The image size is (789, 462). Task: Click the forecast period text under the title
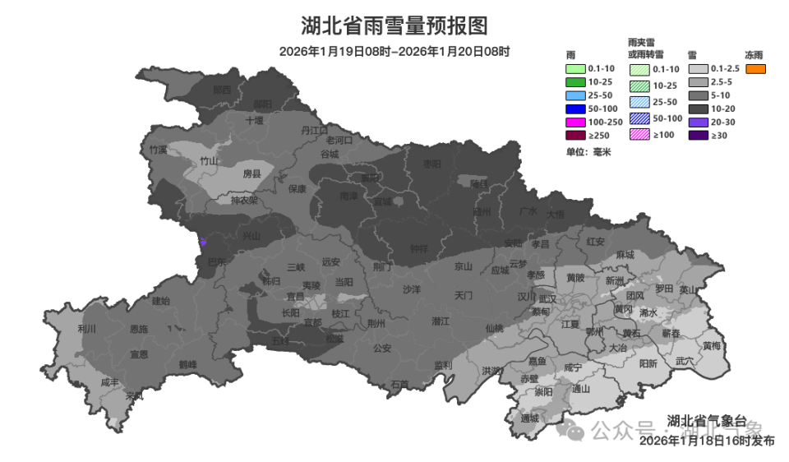click(x=394, y=51)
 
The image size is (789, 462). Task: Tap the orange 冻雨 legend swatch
click(x=755, y=69)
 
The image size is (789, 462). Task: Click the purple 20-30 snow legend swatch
click(x=697, y=122)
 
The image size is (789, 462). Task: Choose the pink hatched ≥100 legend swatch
click(x=639, y=135)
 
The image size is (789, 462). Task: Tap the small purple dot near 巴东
click(x=203, y=243)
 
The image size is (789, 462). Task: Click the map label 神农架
click(x=243, y=200)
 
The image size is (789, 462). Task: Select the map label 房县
click(x=251, y=174)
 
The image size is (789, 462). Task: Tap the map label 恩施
click(x=139, y=329)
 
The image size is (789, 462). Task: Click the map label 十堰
click(x=255, y=120)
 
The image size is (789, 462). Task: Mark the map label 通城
click(x=530, y=418)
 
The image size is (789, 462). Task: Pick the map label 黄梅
click(x=712, y=346)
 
